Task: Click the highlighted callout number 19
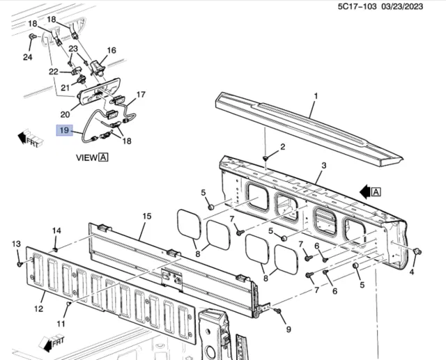pos(65,130)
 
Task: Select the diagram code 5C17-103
pos(357,6)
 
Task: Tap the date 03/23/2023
pos(402,6)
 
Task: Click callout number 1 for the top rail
pos(316,96)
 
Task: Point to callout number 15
pos(147,217)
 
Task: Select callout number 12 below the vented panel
pos(39,308)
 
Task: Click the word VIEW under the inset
pos(86,157)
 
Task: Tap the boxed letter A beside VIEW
pos(103,157)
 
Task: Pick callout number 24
pos(28,57)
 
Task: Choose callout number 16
pos(111,50)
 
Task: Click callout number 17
pos(141,94)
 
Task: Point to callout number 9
pos(289,329)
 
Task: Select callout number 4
pos(412,272)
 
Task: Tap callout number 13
pos(16,244)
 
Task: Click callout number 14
pos(56,230)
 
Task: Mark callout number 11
pos(61,323)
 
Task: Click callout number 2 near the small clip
pos(282,147)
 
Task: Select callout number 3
pos(323,165)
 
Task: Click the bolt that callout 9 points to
pos(277,311)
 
